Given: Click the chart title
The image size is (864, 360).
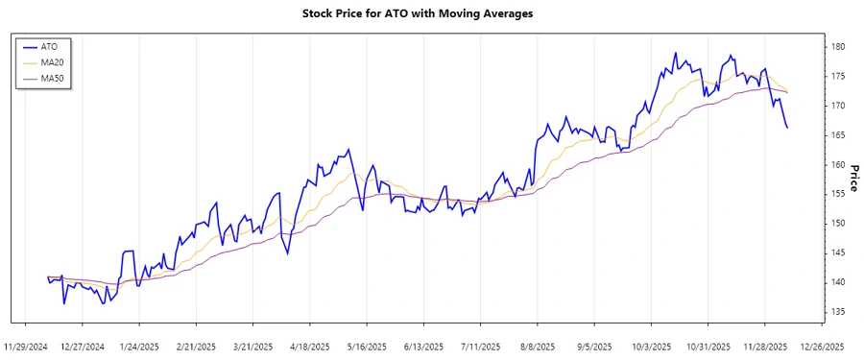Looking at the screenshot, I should tap(431, 14).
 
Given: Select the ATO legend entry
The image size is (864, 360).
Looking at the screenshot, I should tap(49, 46).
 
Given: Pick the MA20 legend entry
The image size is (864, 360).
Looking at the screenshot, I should tap(52, 61).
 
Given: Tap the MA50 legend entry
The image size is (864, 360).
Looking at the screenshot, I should tap(52, 78).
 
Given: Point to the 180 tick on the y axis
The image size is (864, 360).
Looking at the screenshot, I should tap(838, 47).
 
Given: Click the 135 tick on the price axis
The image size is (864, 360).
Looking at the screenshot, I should tap(838, 311).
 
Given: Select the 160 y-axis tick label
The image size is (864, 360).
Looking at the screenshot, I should tap(838, 164).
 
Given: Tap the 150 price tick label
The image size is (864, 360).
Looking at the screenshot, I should tap(838, 223).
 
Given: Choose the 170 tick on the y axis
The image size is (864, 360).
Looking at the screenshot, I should tap(838, 106).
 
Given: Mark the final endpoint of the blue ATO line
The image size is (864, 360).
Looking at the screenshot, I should tap(787, 128).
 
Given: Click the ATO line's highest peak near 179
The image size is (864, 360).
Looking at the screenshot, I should tap(676, 53).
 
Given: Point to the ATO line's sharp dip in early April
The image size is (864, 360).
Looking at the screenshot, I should tap(286, 253).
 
